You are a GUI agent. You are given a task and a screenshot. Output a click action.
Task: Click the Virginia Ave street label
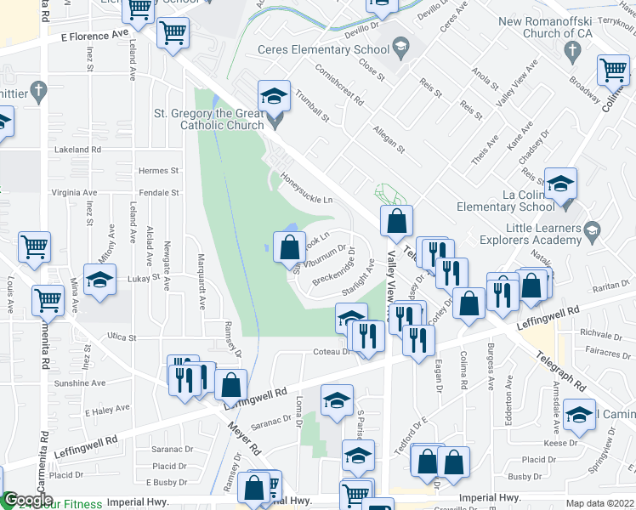click(74, 193)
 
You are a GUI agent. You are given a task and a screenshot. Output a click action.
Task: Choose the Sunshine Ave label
click(80, 383)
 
